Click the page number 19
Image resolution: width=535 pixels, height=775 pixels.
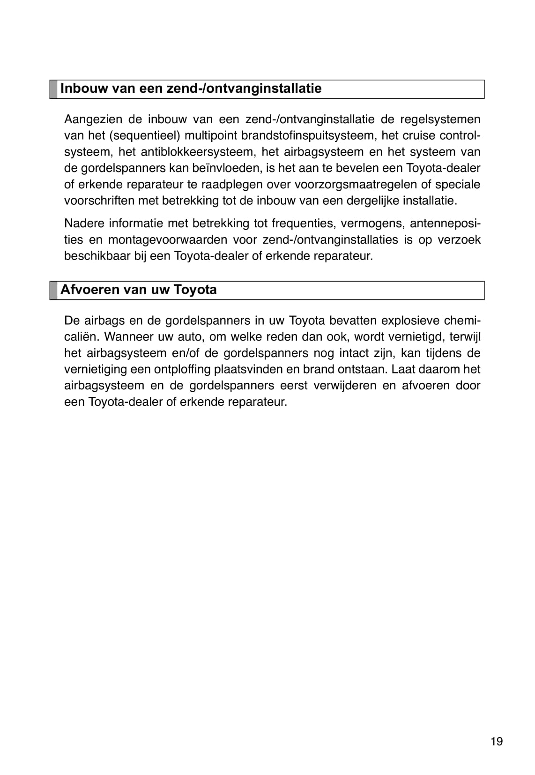pos(497,741)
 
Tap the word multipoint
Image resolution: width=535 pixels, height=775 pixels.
pos(211,135)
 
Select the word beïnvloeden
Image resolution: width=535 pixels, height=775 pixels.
pos(221,168)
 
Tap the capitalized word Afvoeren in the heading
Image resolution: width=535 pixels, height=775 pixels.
pos(89,290)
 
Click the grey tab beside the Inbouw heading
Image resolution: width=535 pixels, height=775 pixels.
pos(53,89)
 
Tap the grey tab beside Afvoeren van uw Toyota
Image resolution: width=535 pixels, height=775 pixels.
pos(53,290)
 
